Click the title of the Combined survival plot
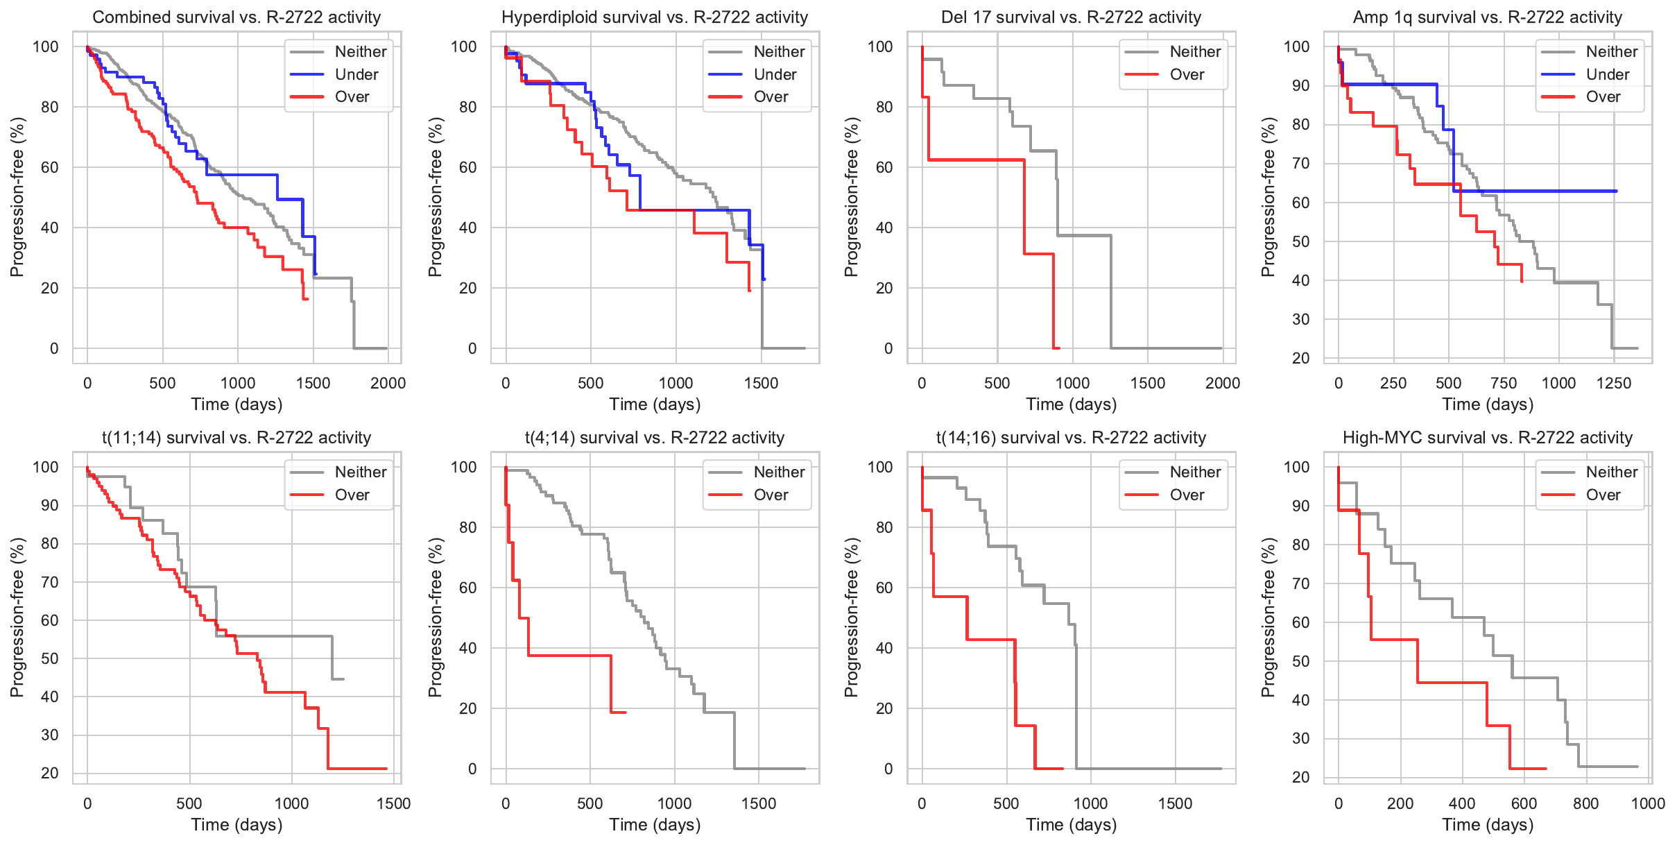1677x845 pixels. [x=237, y=17]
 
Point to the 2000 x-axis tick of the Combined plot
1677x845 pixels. [x=388, y=383]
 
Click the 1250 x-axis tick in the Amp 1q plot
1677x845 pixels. [x=1614, y=383]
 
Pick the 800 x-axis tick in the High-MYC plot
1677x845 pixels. [x=1586, y=803]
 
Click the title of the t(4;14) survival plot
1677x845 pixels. [x=655, y=438]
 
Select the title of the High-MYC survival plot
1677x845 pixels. [x=1488, y=438]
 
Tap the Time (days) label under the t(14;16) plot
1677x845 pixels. [x=1072, y=825]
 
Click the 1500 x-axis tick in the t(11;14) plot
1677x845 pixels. [x=393, y=803]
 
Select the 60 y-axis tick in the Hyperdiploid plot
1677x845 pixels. [x=467, y=167]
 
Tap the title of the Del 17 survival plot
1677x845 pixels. [x=1071, y=17]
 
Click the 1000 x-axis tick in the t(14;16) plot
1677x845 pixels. [x=1090, y=803]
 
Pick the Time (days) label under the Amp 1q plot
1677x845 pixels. [x=1488, y=404]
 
